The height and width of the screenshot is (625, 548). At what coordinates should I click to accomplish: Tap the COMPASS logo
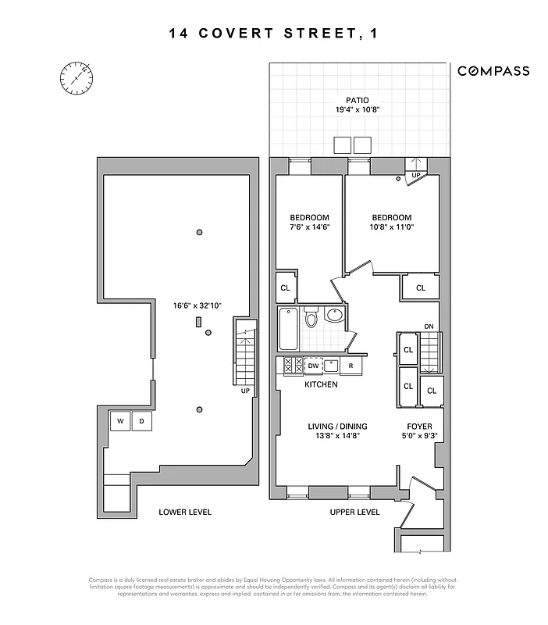[493, 71]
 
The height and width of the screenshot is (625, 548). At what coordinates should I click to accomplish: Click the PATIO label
[358, 100]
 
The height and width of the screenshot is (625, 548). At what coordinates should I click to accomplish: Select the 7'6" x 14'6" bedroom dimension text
[309, 228]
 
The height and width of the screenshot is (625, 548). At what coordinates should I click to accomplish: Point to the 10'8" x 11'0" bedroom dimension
[391, 228]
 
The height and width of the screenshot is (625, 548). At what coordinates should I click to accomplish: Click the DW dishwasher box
[312, 365]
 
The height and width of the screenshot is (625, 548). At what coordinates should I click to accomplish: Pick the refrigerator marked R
[351, 365]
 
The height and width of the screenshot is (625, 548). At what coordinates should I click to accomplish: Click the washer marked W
[120, 422]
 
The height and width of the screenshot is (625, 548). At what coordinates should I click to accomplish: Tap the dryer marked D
[142, 422]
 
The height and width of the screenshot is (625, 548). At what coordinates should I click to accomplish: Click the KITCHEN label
[321, 384]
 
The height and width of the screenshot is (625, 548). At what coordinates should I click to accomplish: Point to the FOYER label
[420, 427]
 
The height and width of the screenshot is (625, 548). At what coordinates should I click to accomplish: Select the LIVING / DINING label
[336, 427]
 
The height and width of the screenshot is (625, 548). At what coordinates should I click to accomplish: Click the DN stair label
[429, 327]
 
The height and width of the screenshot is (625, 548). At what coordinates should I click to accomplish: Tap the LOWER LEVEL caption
[185, 512]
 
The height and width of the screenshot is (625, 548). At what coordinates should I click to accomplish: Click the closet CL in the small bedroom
[284, 287]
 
